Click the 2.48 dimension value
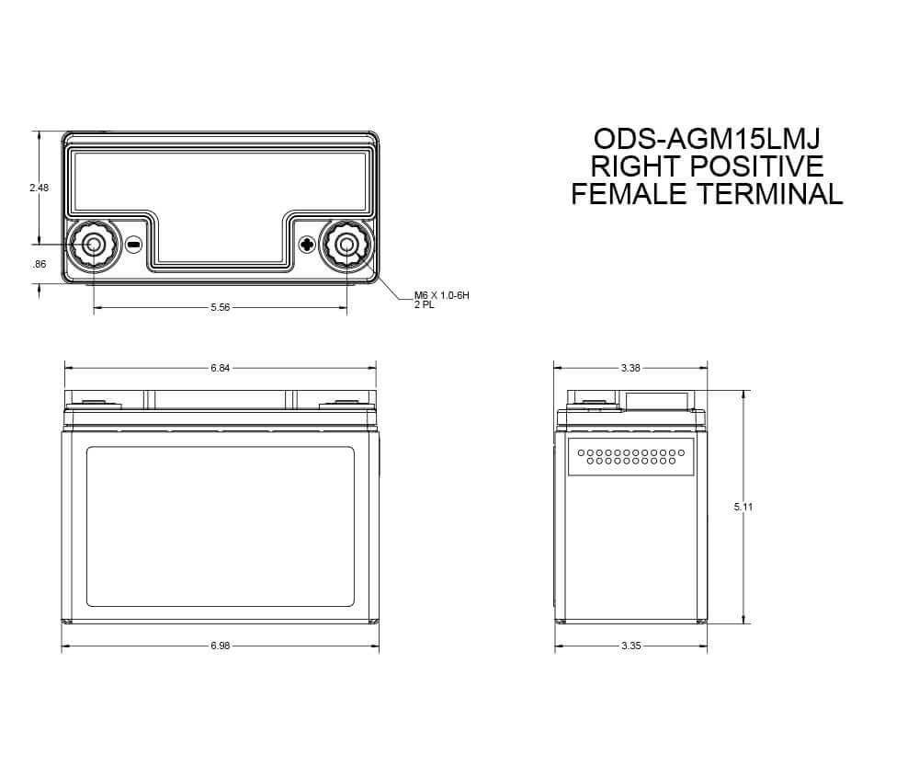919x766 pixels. [40, 188]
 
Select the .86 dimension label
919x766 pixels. [40, 264]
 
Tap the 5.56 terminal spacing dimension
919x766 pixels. [221, 307]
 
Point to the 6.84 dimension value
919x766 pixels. [221, 368]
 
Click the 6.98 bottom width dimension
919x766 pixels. [221, 646]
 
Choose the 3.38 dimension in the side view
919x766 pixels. [630, 368]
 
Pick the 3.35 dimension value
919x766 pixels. [630, 646]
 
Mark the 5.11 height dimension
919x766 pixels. [743, 506]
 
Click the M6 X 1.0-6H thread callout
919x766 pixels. [442, 295]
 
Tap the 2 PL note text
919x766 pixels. [425, 305]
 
